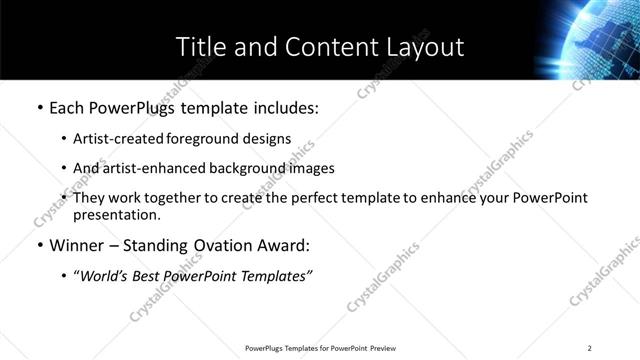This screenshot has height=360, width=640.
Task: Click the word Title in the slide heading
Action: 198,46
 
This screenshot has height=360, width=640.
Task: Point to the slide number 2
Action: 590,348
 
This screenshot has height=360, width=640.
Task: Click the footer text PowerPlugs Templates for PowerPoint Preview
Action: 319,348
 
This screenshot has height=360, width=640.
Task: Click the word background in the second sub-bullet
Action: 253,169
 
